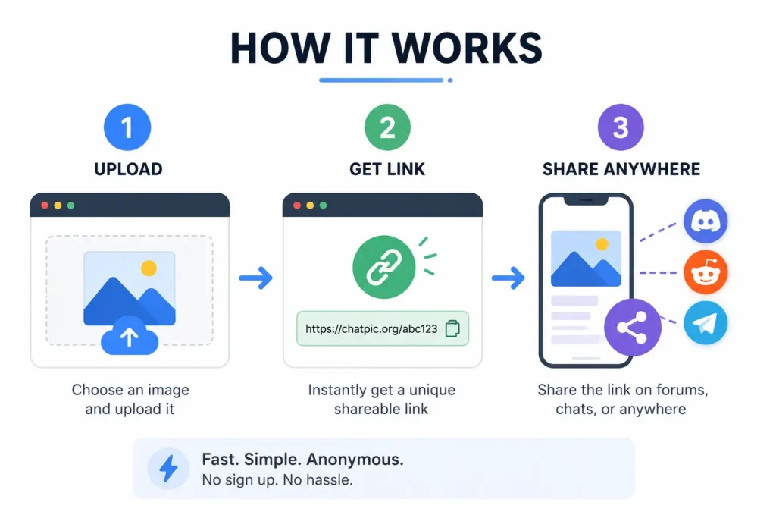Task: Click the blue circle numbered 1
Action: [127, 127]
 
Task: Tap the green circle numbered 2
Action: [387, 127]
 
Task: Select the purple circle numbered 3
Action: [621, 127]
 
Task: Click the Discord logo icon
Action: [706, 221]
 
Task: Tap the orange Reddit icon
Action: [706, 272]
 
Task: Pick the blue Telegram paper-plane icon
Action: [706, 323]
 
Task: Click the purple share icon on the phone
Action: [633, 328]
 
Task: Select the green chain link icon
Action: [383, 267]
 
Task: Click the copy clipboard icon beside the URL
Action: [452, 328]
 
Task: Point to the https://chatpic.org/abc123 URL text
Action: [371, 329]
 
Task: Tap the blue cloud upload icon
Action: [130, 335]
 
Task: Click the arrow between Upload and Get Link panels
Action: [255, 278]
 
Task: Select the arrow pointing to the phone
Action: [508, 278]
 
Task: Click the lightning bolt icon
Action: [168, 469]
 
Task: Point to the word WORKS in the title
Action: [467, 48]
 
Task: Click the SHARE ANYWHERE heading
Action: [621, 169]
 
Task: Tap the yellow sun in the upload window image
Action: [149, 268]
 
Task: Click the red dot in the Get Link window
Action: [297, 206]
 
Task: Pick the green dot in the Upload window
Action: [70, 206]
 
